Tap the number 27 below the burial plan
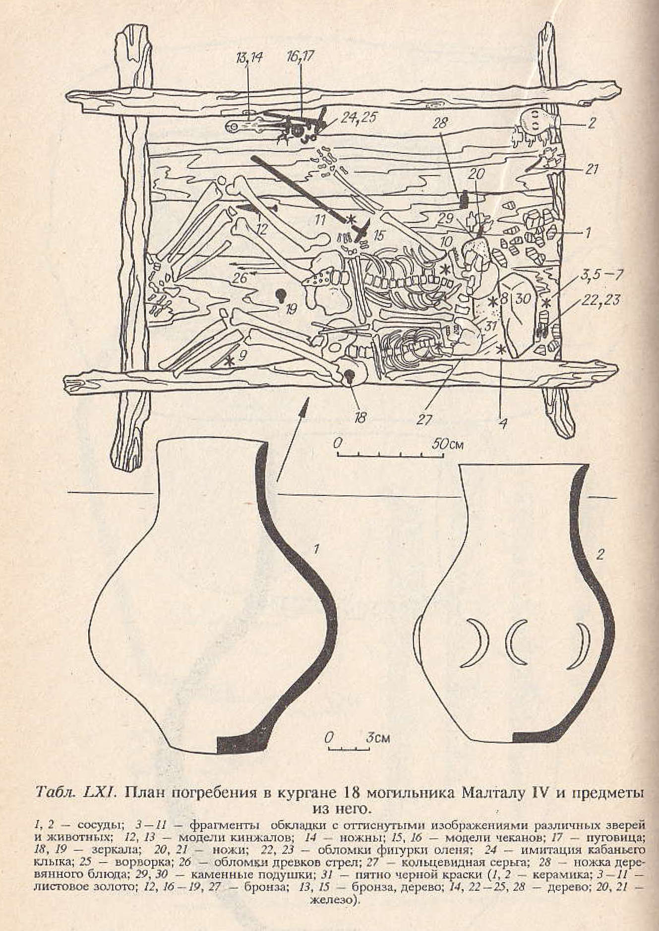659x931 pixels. pyautogui.click(x=425, y=419)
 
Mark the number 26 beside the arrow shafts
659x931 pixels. pyautogui.click(x=240, y=278)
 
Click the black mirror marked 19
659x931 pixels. pyautogui.click(x=281, y=295)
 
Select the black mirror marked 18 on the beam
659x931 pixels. pyautogui.click(x=350, y=377)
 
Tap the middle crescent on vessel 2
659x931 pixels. pyautogui.click(x=518, y=642)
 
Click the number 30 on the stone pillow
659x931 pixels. pyautogui.click(x=520, y=299)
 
